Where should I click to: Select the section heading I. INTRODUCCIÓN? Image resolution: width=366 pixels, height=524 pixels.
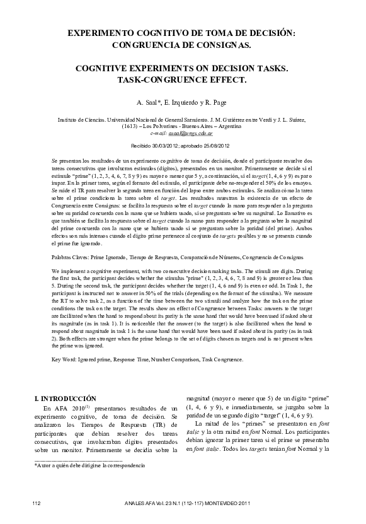tap(65, 399)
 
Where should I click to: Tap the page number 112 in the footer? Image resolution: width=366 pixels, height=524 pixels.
tap(37, 502)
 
